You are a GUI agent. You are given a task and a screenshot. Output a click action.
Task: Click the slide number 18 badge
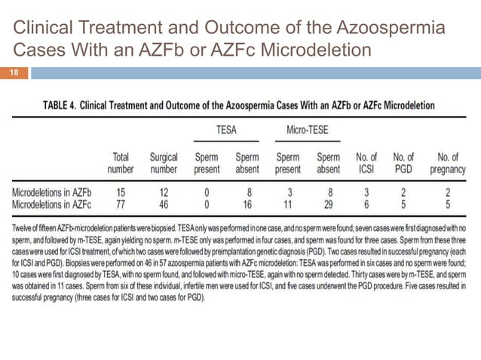(14, 73)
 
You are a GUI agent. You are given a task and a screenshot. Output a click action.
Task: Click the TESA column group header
(226, 130)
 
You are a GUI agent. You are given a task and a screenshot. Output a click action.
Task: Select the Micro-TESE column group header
(307, 130)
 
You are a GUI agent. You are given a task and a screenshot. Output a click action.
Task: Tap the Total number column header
(121, 163)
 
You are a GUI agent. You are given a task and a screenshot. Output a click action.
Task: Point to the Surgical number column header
(163, 163)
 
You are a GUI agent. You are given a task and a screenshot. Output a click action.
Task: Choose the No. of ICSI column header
(367, 163)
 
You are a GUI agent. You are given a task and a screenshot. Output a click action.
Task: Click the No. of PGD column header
(403, 163)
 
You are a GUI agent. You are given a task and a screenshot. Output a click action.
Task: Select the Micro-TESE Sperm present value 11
(289, 203)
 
